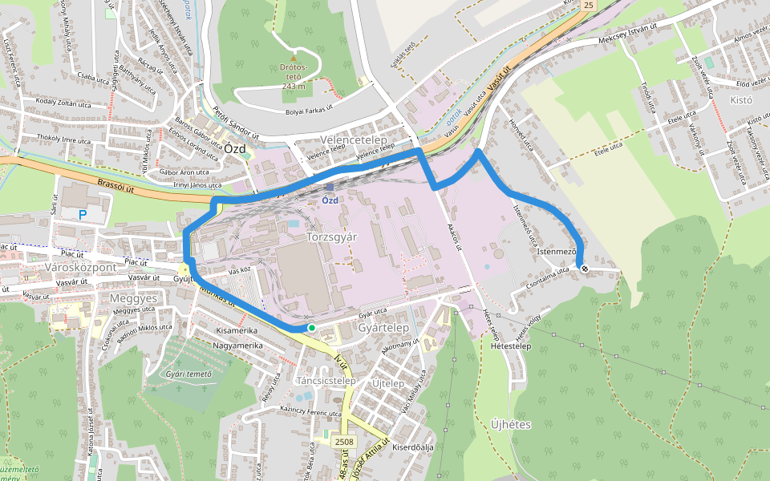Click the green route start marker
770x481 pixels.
tap(311, 328)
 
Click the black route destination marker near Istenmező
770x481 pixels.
tap(585, 269)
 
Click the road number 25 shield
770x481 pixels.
tap(590, 6)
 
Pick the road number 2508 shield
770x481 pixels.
tap(344, 442)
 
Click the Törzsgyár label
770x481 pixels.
tap(330, 238)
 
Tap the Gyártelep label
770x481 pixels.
tap(383, 328)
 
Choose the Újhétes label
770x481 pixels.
tap(511, 424)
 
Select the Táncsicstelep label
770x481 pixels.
tap(326, 380)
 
